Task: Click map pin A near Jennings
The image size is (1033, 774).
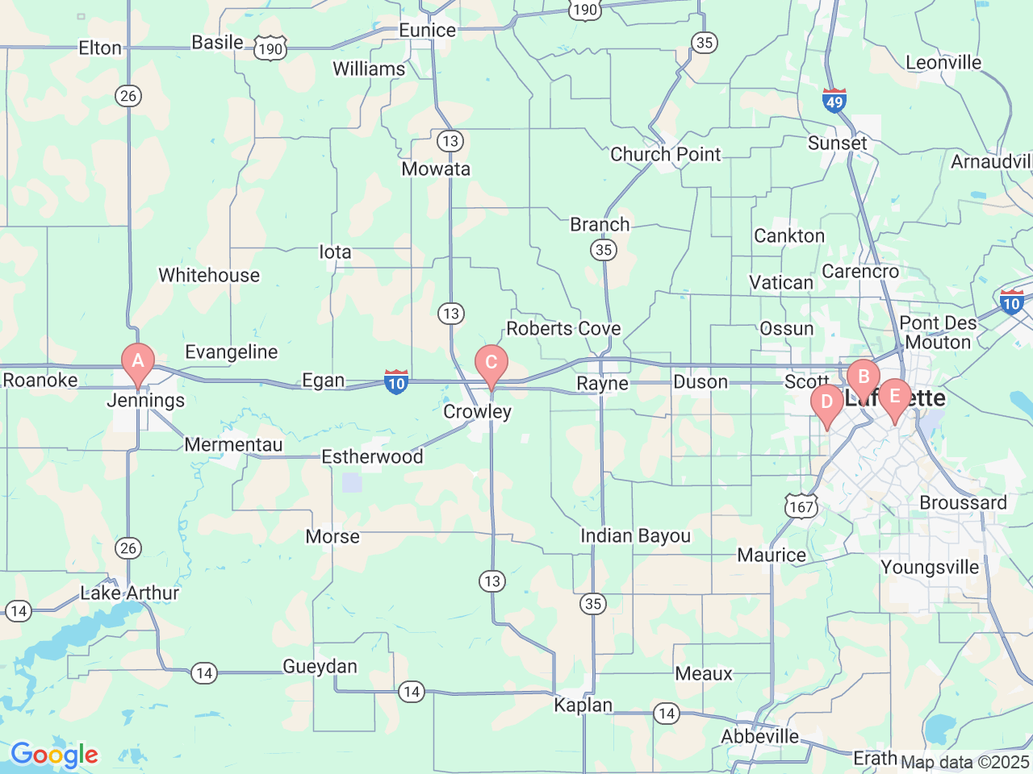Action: click(138, 360)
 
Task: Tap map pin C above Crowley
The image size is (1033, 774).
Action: click(491, 363)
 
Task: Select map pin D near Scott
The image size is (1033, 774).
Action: click(826, 402)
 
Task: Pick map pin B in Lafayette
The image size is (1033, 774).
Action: click(864, 377)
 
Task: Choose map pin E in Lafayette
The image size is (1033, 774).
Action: click(894, 396)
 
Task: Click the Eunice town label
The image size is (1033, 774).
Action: click(427, 31)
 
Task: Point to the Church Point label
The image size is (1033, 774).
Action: click(665, 154)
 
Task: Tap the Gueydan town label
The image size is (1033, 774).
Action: click(320, 667)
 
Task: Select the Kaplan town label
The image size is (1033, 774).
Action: click(583, 705)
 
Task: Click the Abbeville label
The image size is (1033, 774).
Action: click(759, 737)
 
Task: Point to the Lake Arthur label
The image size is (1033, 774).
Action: click(130, 593)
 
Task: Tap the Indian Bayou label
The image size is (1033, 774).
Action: click(635, 536)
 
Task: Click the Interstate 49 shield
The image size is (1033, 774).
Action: click(834, 101)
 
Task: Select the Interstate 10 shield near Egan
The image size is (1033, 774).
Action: click(395, 382)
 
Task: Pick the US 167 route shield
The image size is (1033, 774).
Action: click(801, 506)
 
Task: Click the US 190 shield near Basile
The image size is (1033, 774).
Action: click(270, 49)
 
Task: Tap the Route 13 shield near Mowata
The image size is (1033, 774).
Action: click(450, 141)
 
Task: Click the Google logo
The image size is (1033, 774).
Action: click(54, 755)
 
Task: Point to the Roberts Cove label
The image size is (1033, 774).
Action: click(563, 329)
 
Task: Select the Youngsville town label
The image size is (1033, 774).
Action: click(930, 568)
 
